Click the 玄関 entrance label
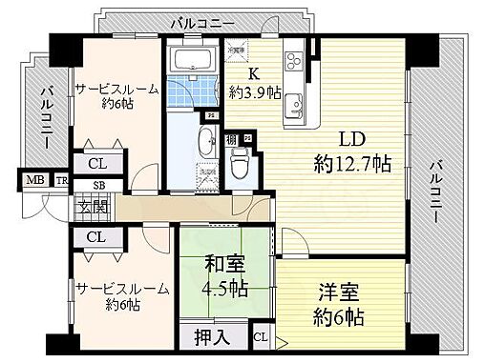(94, 208)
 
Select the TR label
(60, 180)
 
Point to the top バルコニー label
(201, 19)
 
